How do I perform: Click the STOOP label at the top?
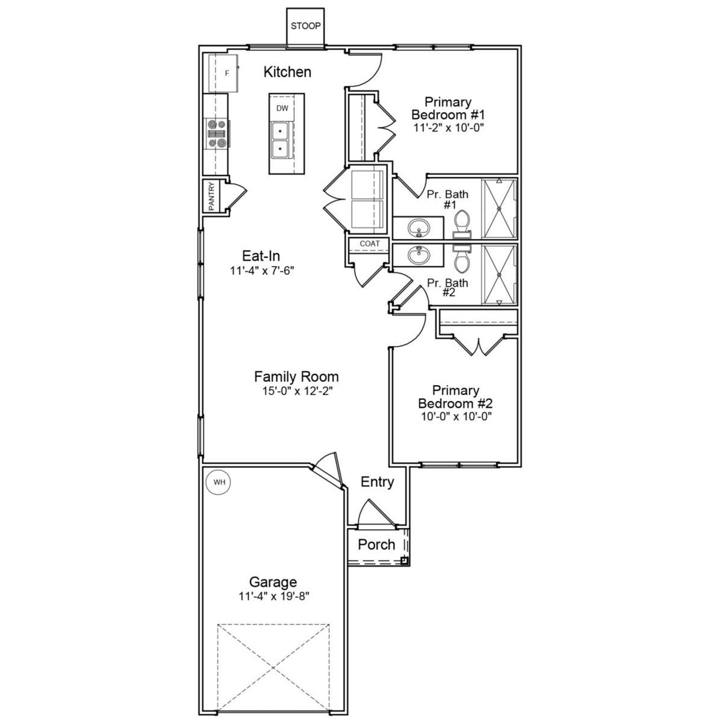coord(306,26)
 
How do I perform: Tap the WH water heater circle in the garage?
coord(219,482)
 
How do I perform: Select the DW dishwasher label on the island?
coord(282,108)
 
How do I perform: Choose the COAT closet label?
coord(369,244)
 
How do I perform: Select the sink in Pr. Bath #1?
coord(419,228)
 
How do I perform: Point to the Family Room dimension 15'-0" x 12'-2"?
coord(296,390)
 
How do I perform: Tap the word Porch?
coord(376,544)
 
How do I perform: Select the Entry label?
coord(377,482)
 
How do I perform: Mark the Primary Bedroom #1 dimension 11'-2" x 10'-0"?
coord(448,127)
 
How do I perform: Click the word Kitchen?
coord(287,72)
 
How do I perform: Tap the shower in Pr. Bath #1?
coord(499,208)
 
